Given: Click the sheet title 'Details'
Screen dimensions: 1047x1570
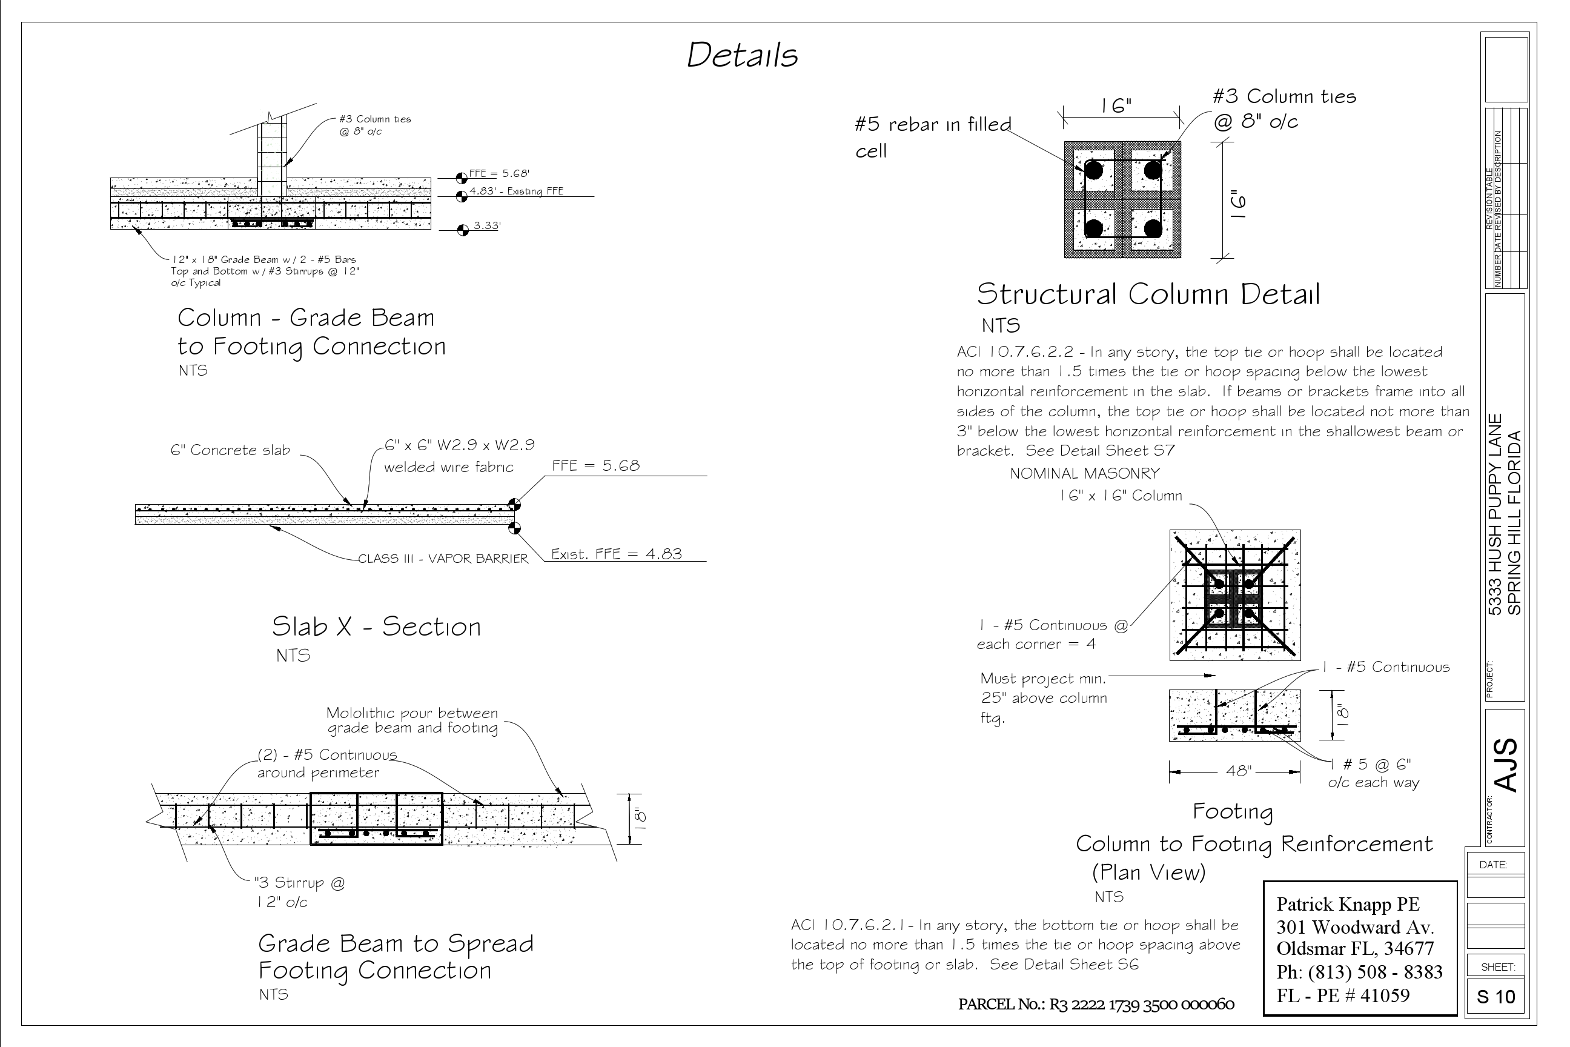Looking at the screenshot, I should [741, 55].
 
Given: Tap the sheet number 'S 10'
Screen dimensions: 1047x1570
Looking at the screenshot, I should [1496, 997].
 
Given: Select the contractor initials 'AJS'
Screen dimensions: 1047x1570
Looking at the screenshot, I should [1506, 765].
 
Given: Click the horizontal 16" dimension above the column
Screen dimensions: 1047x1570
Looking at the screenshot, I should [1116, 106].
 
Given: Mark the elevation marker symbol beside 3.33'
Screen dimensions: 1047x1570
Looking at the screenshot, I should [462, 230].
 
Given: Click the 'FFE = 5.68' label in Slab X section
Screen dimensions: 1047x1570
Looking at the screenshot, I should [595, 465].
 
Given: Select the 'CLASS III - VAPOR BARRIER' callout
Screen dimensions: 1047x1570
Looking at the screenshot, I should [443, 559].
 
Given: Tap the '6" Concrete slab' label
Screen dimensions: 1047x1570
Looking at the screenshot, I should [230, 450].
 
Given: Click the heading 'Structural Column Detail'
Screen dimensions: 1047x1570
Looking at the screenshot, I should [1148, 294].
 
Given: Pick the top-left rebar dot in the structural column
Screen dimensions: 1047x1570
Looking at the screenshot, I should [1093, 170].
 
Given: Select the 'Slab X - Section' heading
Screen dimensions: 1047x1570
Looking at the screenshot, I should [376, 627].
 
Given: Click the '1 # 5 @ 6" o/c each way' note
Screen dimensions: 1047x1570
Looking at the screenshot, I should [1373, 773].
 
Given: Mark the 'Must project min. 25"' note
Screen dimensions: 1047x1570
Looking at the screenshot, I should [1043, 698].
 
